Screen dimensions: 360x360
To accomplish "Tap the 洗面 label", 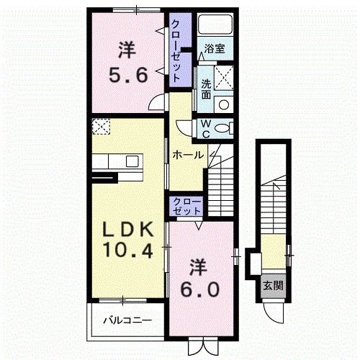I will tap(206, 88).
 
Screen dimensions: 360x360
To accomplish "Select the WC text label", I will tap(205, 128).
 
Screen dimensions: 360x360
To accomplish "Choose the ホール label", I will tap(188, 154).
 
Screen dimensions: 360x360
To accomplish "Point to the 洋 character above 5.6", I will tap(127, 50).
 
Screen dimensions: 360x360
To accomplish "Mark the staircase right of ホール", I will tap(220, 184).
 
